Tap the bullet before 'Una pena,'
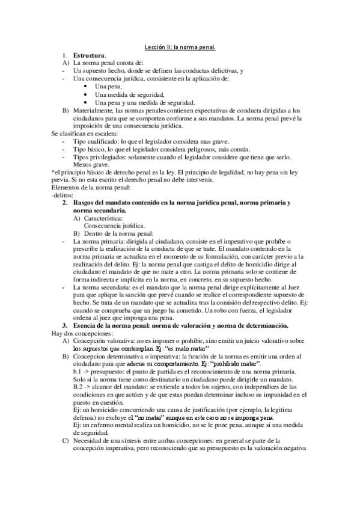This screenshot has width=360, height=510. [x=88, y=87]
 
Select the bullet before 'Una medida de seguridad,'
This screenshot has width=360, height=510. [x=88, y=94]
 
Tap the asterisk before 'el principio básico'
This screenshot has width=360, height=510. [x=53, y=173]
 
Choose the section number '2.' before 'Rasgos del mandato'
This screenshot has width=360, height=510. [x=66, y=204]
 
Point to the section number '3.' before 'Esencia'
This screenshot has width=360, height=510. [x=66, y=325]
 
